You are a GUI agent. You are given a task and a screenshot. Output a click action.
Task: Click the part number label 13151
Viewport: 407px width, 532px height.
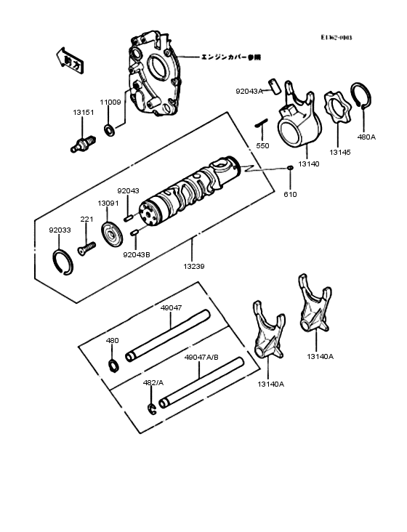(81, 113)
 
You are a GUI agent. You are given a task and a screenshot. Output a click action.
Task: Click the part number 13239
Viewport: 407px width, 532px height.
(194, 267)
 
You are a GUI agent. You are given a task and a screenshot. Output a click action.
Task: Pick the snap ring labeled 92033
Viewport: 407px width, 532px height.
(63, 262)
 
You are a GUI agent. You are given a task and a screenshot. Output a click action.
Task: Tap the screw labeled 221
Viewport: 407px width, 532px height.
(86, 248)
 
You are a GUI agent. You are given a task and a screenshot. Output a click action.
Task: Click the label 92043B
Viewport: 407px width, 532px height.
(136, 254)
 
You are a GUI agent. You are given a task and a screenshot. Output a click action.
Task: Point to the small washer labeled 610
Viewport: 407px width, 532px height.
(290, 169)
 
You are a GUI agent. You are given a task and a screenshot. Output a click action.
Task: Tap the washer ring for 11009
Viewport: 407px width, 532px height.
(109, 131)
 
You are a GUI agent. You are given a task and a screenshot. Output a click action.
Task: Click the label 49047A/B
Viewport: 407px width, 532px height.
(201, 358)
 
